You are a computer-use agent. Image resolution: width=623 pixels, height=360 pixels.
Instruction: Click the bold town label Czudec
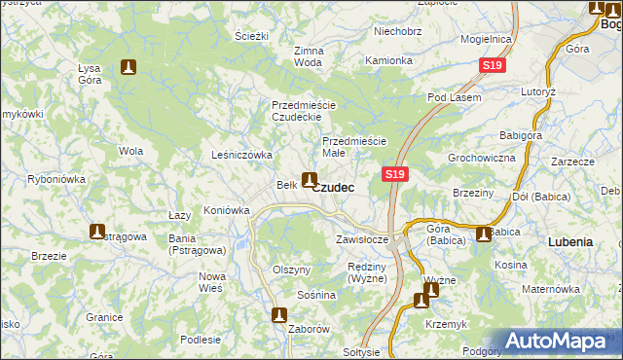click(x=333, y=187)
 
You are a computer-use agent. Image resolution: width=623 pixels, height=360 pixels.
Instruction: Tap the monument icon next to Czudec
click(x=309, y=179)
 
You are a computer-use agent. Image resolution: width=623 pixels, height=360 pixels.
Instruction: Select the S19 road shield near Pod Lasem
click(x=493, y=65)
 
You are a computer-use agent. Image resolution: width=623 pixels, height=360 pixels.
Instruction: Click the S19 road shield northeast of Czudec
click(x=393, y=174)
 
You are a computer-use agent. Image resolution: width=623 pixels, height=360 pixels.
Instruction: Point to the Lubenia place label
click(x=570, y=240)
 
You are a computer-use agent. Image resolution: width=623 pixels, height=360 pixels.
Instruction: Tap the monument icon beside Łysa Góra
click(x=128, y=68)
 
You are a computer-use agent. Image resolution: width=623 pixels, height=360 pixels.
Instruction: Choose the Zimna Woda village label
click(x=308, y=55)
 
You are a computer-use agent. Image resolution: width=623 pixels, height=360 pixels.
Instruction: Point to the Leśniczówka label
click(x=241, y=155)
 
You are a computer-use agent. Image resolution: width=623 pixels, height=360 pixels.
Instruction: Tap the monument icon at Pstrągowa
click(x=97, y=232)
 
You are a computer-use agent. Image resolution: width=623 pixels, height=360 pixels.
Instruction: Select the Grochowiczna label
click(x=481, y=157)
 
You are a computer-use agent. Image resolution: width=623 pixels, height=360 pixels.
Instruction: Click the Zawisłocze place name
click(x=362, y=238)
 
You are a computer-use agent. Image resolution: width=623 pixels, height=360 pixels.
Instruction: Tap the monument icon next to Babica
click(x=485, y=234)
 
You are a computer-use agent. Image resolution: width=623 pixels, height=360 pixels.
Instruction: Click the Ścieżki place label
click(x=251, y=36)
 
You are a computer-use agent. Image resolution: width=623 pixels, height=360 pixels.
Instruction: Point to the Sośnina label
click(x=317, y=295)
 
